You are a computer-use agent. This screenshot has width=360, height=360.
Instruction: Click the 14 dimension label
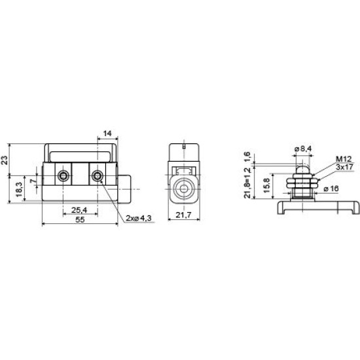tap(107, 134)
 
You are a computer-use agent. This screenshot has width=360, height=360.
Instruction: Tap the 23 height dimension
tap(5, 160)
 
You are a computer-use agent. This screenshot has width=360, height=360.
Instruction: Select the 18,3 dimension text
tap(19, 189)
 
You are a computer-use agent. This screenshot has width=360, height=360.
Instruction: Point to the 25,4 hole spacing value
tap(79, 210)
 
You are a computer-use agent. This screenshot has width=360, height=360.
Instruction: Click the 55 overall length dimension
tap(80, 220)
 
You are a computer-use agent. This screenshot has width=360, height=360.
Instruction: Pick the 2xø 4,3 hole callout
tap(139, 218)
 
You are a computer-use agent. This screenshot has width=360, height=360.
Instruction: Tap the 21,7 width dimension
tap(183, 215)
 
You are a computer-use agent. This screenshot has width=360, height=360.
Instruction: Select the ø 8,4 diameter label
tap(303, 149)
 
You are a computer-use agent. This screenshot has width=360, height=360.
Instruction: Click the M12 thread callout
tap(344, 159)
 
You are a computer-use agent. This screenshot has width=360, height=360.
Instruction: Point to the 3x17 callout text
tap(344, 167)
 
